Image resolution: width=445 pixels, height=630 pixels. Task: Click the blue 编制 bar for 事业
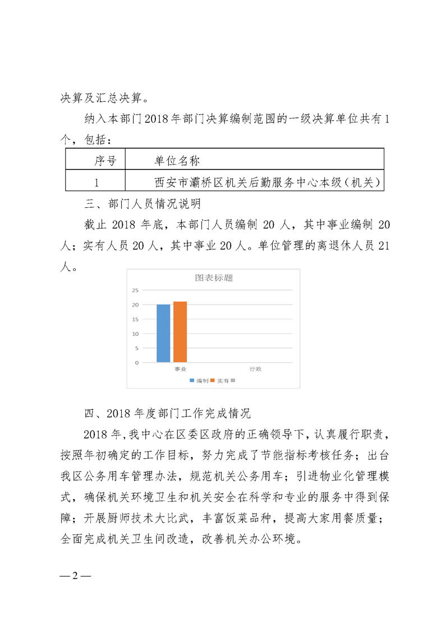(163, 333)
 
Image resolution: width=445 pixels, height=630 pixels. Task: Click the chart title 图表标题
(214, 278)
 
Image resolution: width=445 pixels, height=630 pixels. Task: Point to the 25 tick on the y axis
(135, 290)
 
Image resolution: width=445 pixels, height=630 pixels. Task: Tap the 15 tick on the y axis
(135, 319)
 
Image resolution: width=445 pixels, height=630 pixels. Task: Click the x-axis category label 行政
(255, 369)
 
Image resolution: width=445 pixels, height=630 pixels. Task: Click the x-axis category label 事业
(180, 369)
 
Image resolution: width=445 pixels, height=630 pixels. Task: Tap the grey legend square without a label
(233, 381)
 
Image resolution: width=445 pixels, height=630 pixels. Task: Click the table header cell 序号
(105, 162)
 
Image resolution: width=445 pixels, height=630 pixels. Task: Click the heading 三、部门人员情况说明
(139, 203)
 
